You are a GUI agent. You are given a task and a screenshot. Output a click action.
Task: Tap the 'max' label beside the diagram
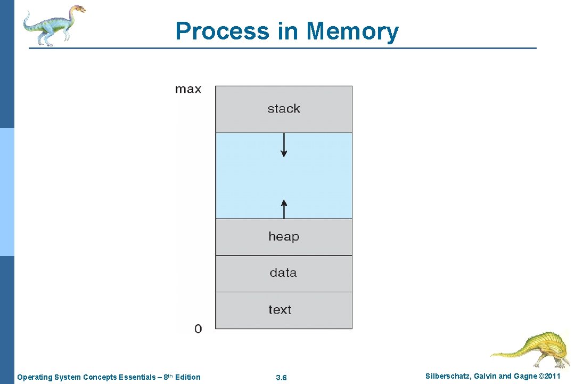pyautogui.click(x=188, y=89)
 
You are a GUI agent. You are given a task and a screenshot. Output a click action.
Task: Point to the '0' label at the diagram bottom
pyautogui.click(x=198, y=329)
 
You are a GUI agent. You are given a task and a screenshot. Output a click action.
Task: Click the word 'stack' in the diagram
pyautogui.click(x=284, y=109)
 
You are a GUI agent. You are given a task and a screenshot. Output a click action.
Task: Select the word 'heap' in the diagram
pyautogui.click(x=284, y=236)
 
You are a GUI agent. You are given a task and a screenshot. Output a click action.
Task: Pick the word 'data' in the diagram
pyautogui.click(x=283, y=273)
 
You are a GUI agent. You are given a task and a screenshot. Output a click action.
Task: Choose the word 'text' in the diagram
pyautogui.click(x=280, y=309)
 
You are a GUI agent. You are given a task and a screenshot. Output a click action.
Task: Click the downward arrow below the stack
pyautogui.click(x=284, y=145)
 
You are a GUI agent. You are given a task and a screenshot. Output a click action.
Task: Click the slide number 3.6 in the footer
pyautogui.click(x=282, y=378)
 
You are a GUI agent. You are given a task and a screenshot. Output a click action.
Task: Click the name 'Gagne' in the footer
pyautogui.click(x=525, y=377)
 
